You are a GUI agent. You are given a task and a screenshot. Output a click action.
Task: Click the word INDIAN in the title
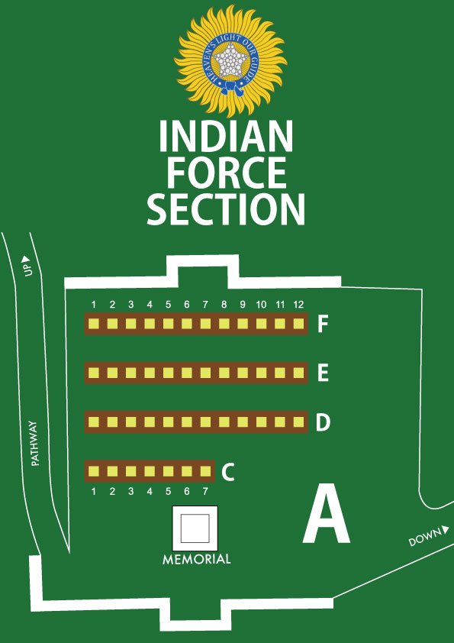[226, 137]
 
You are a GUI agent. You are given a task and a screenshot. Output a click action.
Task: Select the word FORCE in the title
[226, 173]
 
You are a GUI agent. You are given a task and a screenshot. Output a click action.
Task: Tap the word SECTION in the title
[226, 209]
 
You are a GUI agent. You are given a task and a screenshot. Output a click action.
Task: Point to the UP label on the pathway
[27, 267]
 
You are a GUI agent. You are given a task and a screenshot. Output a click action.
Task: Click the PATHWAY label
[35, 443]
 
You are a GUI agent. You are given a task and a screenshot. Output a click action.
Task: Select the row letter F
[323, 325]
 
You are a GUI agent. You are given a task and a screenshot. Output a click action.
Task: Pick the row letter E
[323, 373]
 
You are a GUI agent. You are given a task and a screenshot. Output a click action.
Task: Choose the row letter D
[324, 423]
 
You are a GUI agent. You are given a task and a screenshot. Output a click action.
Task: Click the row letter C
[228, 472]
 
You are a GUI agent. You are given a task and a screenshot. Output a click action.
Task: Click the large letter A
[326, 514]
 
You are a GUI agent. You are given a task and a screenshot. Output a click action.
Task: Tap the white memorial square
[195, 528]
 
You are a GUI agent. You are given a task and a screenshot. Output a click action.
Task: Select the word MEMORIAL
[197, 559]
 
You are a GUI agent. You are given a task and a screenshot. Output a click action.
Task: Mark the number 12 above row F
[298, 304]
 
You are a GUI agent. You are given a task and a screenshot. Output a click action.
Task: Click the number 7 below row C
[205, 491]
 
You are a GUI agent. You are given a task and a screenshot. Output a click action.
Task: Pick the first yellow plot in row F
[94, 324]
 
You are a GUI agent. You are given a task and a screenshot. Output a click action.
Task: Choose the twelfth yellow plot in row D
[298, 422]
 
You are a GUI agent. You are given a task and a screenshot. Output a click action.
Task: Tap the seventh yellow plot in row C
[206, 471]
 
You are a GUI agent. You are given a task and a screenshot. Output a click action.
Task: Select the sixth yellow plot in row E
[187, 373]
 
